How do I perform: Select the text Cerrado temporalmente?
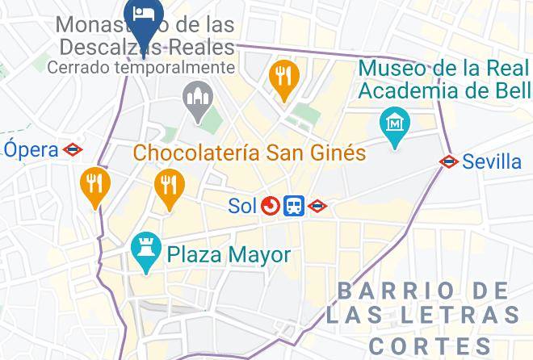coord(141,68)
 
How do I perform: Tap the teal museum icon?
coord(395,125)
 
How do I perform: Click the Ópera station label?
coord(31,149)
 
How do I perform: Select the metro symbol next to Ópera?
coord(74,149)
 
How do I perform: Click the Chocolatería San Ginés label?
coord(250,152)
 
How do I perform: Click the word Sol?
coord(241,207)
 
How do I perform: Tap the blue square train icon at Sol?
coord(293,207)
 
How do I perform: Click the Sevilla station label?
coord(492,162)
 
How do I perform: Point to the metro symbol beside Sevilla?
coord(449,162)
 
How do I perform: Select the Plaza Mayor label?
coord(229,256)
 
